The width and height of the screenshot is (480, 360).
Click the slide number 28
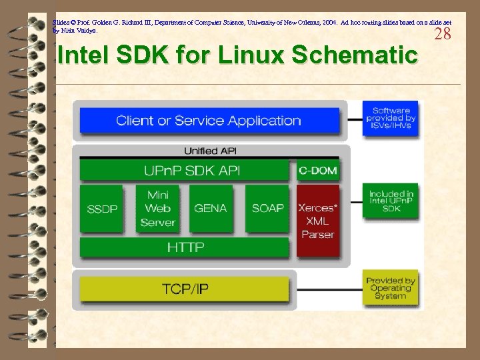pyautogui.click(x=443, y=35)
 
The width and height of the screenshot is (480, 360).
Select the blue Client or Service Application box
pyautogui.click(x=209, y=121)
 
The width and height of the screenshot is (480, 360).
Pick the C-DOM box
pyautogui.click(x=317, y=171)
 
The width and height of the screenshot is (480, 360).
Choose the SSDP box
pyautogui.click(x=102, y=209)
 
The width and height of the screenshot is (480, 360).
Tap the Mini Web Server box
pyautogui.click(x=157, y=209)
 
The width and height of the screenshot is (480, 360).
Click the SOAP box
pyautogui.click(x=267, y=209)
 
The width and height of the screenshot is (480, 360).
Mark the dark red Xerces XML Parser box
pyautogui.click(x=318, y=221)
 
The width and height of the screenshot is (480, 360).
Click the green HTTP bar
pyautogui.click(x=185, y=247)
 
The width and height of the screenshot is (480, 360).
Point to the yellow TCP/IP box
pyautogui.click(x=185, y=289)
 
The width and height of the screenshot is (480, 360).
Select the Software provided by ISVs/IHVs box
pyautogui.click(x=391, y=119)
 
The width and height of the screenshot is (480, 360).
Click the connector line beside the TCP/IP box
pyautogui.click(x=327, y=289)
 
